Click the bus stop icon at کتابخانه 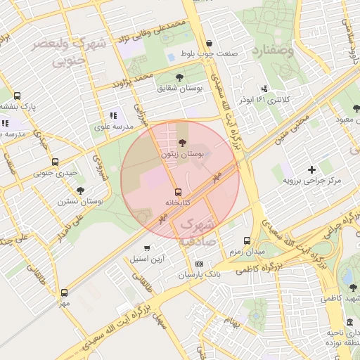[177, 191]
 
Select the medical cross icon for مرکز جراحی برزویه [311, 169]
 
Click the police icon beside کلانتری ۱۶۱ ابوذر [264, 89]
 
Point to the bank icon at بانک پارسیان [200, 264]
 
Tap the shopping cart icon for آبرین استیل [147, 247]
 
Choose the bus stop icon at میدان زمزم [247, 240]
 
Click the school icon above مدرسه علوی [112, 116]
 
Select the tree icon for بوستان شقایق [179, 77]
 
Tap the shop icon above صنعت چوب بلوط [209, 43]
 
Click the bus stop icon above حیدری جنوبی [36, 161]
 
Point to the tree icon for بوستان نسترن [80, 190]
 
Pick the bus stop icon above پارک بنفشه [17, 96]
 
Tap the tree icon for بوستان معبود [356, 109]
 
